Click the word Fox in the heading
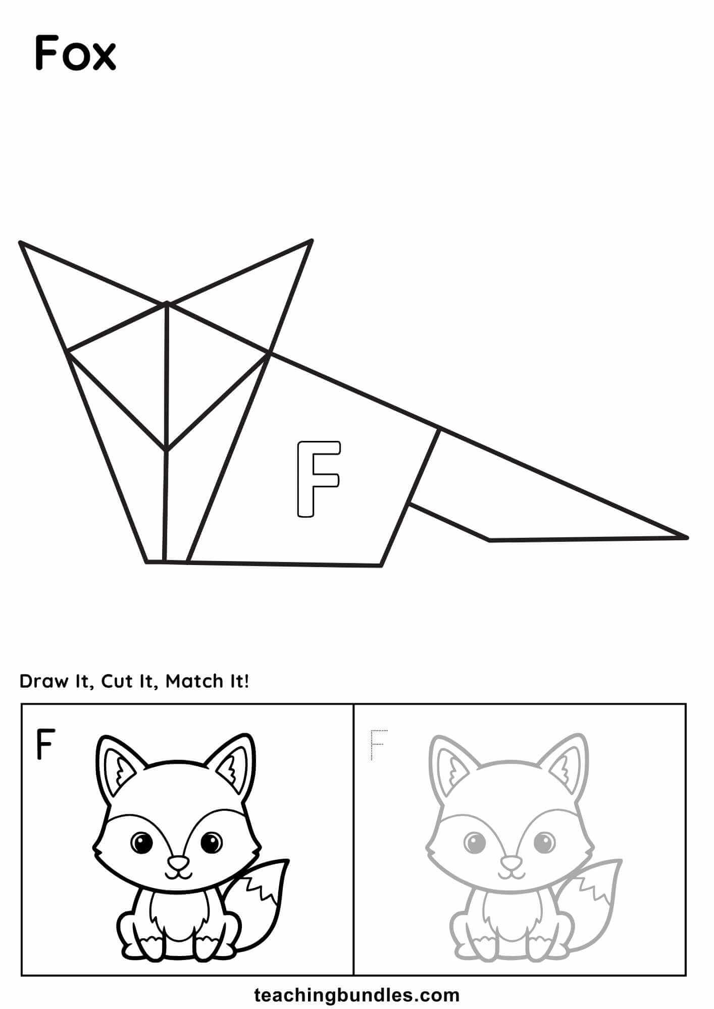click(76, 53)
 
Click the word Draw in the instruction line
click(44, 682)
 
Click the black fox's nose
click(177, 862)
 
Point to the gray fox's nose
click(509, 862)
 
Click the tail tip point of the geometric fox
click(687, 537)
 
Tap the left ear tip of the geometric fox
click(20, 243)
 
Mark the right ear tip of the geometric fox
click(312, 240)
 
